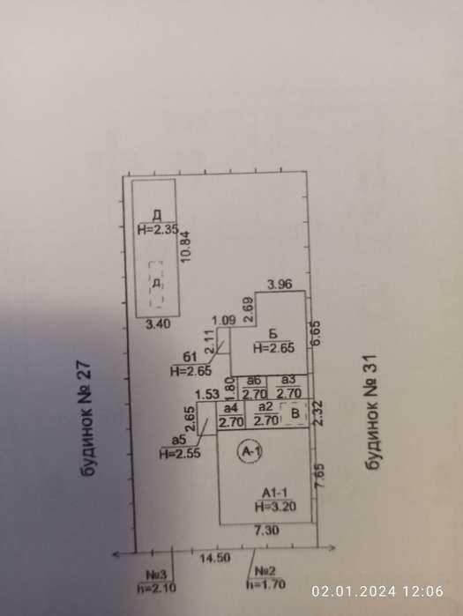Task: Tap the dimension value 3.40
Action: [x=159, y=324]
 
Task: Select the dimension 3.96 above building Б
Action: [x=280, y=284]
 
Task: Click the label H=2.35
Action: [x=158, y=229]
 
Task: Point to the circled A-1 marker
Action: [x=250, y=452]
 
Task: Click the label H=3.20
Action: [x=275, y=507]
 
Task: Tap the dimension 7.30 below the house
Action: [x=267, y=531]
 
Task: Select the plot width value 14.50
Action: [x=215, y=558]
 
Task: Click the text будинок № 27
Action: [x=87, y=419]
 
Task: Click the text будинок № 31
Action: [x=371, y=412]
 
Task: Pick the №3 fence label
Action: [x=156, y=575]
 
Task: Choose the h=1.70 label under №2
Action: [x=265, y=584]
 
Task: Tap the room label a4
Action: [x=230, y=409]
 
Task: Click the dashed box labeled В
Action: [x=294, y=413]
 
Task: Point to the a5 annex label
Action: [x=179, y=440]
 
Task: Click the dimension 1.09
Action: [x=224, y=321]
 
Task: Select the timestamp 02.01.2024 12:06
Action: [x=377, y=591]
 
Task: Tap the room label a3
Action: [x=289, y=380]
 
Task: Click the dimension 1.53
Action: [x=207, y=394]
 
